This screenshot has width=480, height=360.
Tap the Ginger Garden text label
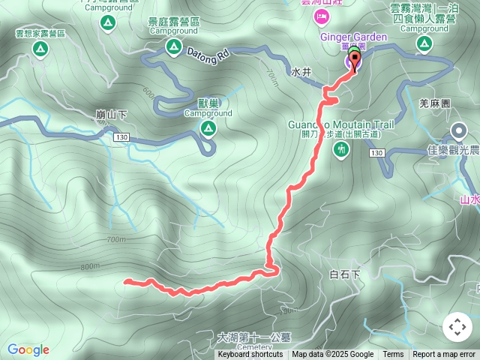354,37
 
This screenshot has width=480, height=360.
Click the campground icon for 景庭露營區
174,48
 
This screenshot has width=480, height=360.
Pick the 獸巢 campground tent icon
208,130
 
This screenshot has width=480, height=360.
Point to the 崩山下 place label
112,115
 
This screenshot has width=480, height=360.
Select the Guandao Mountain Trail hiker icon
341,150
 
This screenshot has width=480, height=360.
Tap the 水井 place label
301,73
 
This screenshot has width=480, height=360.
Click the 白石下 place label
345,274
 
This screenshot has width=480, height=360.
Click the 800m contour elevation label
89,267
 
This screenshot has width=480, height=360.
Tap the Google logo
28,349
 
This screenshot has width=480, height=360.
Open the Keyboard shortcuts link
250,355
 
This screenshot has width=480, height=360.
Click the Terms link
393,355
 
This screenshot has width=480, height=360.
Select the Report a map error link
444,355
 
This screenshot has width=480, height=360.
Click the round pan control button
457,327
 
